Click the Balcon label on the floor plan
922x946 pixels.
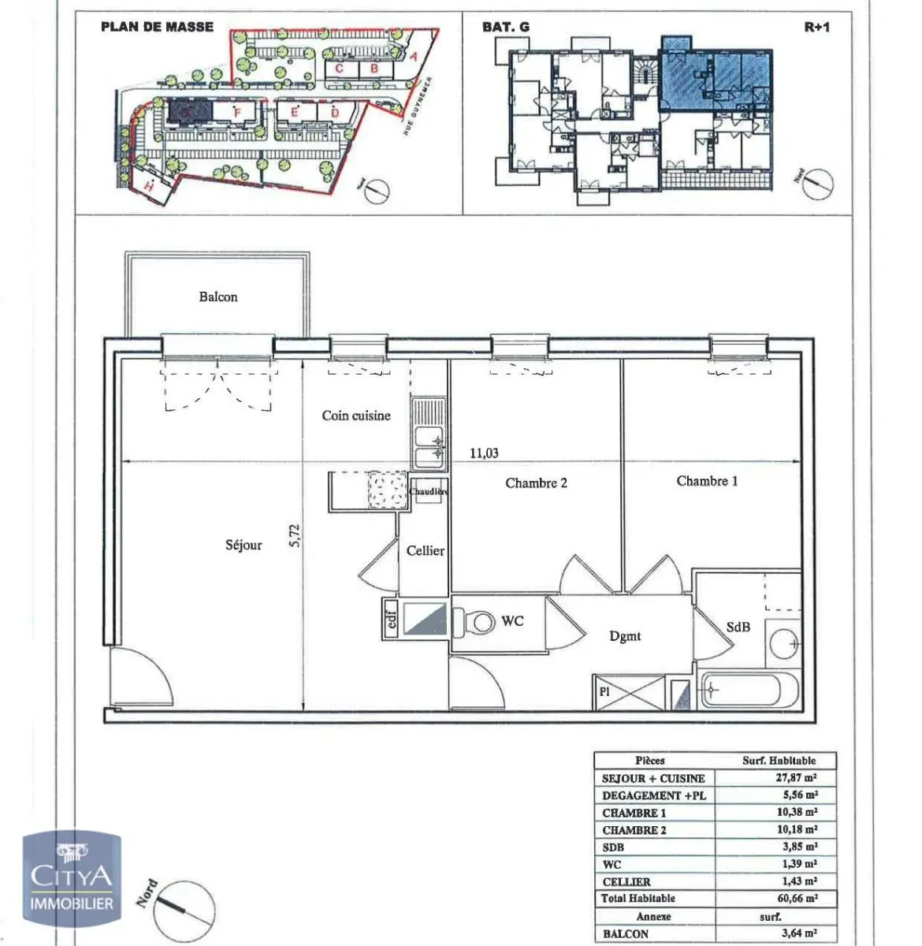point(217,297)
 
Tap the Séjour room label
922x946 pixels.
point(244,545)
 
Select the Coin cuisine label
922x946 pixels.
point(355,415)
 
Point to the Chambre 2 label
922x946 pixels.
point(536,483)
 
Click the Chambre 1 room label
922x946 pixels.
point(707,481)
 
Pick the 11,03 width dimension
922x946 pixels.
point(484,453)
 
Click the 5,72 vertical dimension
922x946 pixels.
point(296,536)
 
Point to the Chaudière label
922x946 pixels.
point(428,491)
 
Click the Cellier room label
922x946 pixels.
point(426,551)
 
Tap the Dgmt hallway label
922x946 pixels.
point(625,636)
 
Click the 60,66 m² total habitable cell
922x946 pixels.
point(797,899)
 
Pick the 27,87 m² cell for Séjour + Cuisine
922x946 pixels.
point(797,778)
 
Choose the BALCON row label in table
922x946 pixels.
point(626,934)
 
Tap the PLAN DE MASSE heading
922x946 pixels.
point(157,27)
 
